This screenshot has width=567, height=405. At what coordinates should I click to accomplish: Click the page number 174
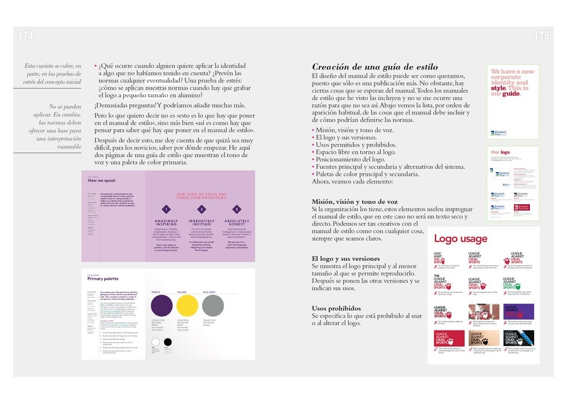[25, 36]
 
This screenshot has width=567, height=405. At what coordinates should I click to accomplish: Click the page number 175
[541, 36]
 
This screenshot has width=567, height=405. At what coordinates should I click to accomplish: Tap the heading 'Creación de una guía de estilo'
[374, 67]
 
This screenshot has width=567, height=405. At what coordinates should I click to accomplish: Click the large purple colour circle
[161, 305]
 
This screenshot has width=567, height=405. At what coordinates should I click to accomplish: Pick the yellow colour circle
[187, 305]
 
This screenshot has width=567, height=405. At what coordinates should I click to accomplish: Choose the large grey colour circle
[212, 305]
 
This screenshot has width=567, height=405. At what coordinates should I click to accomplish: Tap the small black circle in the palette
[168, 342]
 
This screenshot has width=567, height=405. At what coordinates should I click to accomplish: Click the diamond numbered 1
[166, 209]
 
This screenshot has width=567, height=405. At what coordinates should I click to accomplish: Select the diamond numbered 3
[236, 209]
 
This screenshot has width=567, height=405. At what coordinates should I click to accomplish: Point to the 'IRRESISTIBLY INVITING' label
[201, 223]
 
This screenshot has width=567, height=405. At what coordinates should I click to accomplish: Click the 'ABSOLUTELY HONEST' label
[237, 223]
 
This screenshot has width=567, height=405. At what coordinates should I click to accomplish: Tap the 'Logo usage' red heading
[461, 239]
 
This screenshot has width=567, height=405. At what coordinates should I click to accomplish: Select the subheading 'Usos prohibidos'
[336, 308]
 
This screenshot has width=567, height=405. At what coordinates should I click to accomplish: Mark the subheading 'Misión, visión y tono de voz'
[355, 201]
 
